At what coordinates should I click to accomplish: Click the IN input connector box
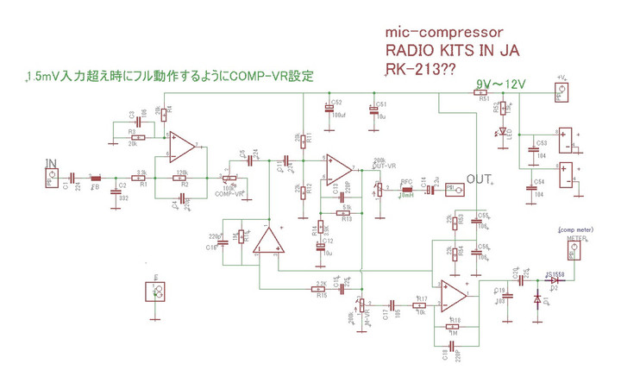[53, 179]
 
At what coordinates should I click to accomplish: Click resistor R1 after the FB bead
[143, 179]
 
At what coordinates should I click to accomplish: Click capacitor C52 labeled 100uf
[328, 109]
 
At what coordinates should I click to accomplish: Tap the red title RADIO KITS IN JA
[453, 50]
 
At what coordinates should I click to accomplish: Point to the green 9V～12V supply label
[501, 85]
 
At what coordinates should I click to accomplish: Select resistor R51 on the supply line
[484, 93]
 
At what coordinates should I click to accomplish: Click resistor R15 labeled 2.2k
[321, 288]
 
